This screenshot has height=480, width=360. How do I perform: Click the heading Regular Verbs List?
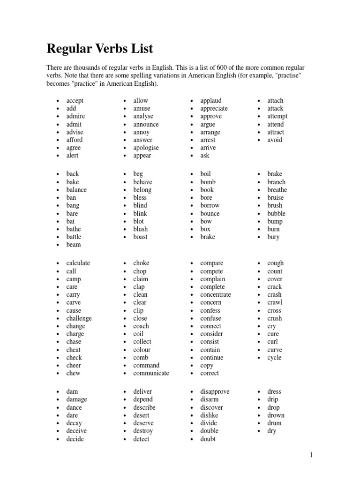[99, 49]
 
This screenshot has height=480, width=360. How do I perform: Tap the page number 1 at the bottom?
[310, 454]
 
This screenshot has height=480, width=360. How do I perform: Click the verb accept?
[75, 101]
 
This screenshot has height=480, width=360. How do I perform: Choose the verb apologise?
[146, 148]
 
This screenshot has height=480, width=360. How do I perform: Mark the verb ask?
[205, 156]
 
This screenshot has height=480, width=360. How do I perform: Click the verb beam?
[74, 245]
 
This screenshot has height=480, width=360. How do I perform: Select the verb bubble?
[276, 213]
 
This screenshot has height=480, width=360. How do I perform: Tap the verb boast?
[140, 237]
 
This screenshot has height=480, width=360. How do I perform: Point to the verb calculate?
[78, 263]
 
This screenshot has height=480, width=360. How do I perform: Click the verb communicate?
[151, 373]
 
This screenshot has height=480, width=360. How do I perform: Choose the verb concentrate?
[216, 295]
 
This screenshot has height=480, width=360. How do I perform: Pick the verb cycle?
[274, 358]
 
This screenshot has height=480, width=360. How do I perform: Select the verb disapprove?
[215, 391]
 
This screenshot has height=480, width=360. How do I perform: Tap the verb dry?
[272, 431]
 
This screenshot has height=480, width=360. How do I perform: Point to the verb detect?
[141, 439]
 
